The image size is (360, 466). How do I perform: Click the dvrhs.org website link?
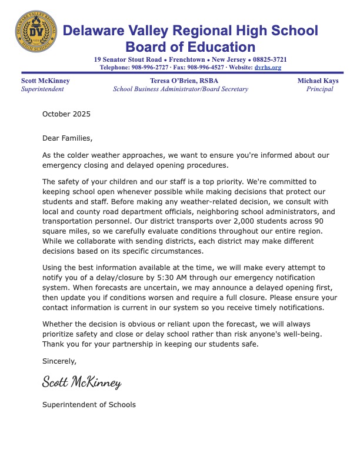click(268, 68)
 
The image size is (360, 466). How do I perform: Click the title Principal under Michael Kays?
click(319, 89)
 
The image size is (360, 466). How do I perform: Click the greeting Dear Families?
click(68, 138)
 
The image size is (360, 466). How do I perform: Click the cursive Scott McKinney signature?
click(82, 383)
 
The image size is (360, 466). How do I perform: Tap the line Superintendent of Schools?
click(89, 405)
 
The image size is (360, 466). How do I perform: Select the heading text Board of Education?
click(191, 47)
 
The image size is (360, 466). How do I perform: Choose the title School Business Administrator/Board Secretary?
click(181, 89)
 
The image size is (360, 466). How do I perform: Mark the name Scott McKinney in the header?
click(45, 81)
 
